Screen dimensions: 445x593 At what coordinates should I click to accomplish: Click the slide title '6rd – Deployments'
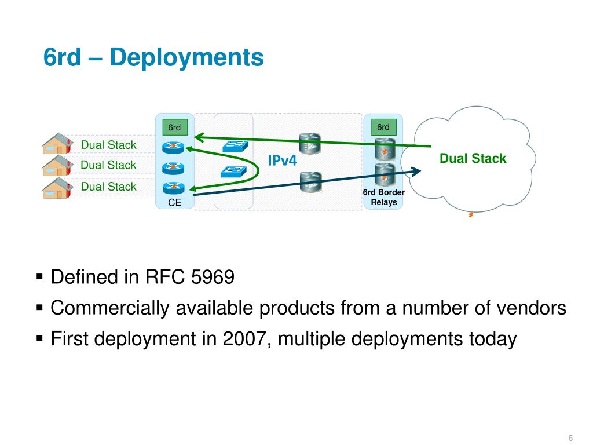[153, 57]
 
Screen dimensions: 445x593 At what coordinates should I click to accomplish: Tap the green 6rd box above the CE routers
[174, 127]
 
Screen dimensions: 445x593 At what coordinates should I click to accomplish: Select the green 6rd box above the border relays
[383, 127]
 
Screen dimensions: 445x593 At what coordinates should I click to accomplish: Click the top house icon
[56, 144]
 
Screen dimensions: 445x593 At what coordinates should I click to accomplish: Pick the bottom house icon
[56, 185]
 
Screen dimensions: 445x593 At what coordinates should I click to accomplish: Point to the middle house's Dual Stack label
[108, 165]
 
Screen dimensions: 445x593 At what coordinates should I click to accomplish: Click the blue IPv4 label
[282, 161]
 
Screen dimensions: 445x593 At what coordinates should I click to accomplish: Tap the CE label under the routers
[174, 203]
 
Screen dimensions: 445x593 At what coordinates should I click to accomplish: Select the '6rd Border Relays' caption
[383, 197]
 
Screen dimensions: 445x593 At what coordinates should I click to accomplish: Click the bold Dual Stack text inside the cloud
[473, 158]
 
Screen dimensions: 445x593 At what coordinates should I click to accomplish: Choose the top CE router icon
[173, 147]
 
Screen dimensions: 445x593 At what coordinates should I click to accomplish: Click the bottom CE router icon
[173, 187]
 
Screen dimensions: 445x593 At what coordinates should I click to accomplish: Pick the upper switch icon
[235, 147]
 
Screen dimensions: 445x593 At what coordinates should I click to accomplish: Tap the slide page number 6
[570, 437]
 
